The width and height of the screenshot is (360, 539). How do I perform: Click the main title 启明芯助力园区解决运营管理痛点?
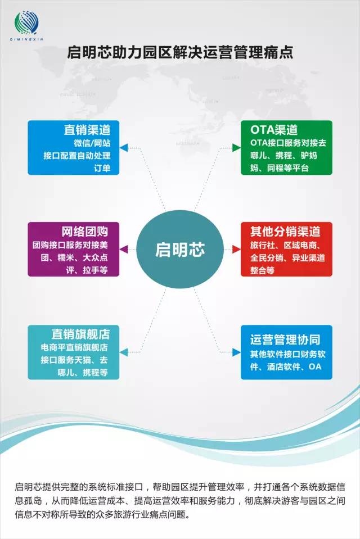click(180, 53)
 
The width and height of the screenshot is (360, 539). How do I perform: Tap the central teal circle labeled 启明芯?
click(180, 249)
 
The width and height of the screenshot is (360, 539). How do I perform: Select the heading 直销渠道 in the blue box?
click(87, 130)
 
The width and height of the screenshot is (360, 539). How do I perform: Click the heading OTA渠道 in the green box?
click(274, 130)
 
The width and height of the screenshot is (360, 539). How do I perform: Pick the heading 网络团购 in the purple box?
click(85, 232)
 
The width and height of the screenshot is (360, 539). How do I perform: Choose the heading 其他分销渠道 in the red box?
click(285, 232)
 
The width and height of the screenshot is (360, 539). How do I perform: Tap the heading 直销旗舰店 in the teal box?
click(80, 334)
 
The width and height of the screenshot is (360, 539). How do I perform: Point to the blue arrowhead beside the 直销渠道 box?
click(124, 148)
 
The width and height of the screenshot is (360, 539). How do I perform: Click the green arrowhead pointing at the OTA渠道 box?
click(236, 148)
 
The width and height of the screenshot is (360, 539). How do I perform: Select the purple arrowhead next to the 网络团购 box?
click(124, 249)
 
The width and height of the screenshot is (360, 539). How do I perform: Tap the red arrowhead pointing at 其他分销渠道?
click(236, 249)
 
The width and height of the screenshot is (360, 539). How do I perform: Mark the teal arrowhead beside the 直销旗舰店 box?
click(124, 352)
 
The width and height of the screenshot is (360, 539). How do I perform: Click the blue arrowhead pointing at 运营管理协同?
click(236, 352)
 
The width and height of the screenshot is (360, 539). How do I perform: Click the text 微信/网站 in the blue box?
click(92, 143)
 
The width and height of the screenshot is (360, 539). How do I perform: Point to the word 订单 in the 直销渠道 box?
click(102, 168)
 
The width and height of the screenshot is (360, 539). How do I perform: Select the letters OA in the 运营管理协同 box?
click(315, 367)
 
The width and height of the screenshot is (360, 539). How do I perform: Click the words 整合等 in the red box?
click(262, 270)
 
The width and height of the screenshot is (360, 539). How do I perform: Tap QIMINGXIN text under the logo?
click(26, 39)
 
